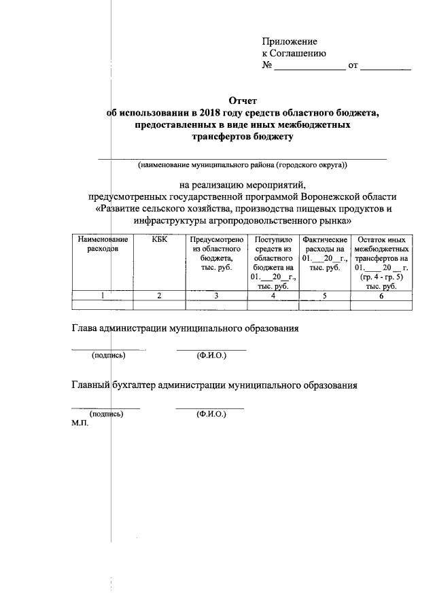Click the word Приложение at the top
(290, 41)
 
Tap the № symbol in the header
(267, 66)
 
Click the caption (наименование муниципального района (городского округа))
(243, 165)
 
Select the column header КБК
(160, 240)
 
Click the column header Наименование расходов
(103, 245)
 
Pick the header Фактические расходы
(325, 254)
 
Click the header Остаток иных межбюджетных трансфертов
(382, 254)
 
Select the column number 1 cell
(103, 296)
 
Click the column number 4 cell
(273, 296)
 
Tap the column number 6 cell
(382, 296)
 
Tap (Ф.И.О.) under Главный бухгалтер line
(211, 413)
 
